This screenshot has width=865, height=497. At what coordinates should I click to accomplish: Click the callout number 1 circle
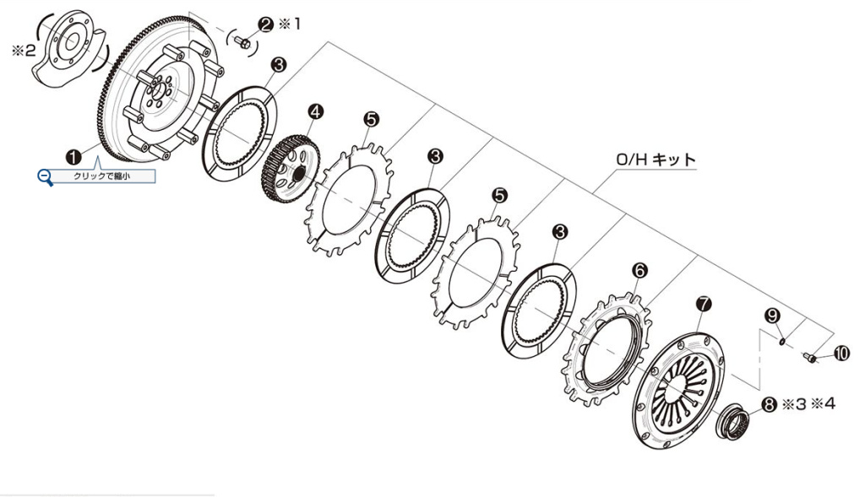[x=73, y=156]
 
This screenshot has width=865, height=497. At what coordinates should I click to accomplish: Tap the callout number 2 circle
[x=265, y=24]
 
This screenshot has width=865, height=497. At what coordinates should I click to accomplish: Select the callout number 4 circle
[x=315, y=111]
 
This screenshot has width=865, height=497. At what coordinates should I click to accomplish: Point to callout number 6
[x=639, y=270]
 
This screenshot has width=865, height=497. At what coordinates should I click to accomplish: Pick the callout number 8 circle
[x=768, y=405]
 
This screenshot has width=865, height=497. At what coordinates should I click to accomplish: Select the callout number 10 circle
[x=841, y=354]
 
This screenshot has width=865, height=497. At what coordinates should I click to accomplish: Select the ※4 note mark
[x=824, y=404]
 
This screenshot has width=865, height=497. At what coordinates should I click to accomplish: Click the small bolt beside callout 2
[x=242, y=43]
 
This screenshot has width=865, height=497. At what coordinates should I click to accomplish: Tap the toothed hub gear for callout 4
[x=287, y=169]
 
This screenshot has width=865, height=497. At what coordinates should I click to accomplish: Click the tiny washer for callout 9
[x=782, y=341]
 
